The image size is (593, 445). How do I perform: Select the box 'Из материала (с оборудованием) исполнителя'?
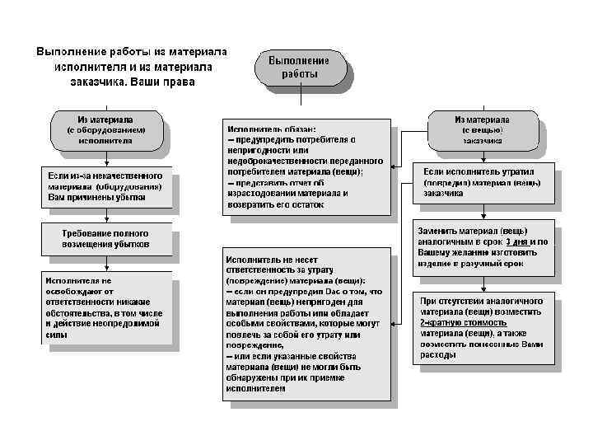[105, 130]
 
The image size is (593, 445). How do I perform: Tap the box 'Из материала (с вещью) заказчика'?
[482, 130]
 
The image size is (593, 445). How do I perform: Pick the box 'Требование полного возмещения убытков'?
[105, 239]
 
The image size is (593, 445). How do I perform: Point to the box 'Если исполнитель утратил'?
[483, 182]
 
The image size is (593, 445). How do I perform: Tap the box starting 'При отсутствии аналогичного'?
[483, 329]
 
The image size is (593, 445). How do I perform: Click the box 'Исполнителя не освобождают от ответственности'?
[105, 308]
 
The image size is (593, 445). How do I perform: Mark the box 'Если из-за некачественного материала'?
[105, 187]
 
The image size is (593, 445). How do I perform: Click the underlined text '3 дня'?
[516, 242]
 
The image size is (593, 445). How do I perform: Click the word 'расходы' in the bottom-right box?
[438, 355]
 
